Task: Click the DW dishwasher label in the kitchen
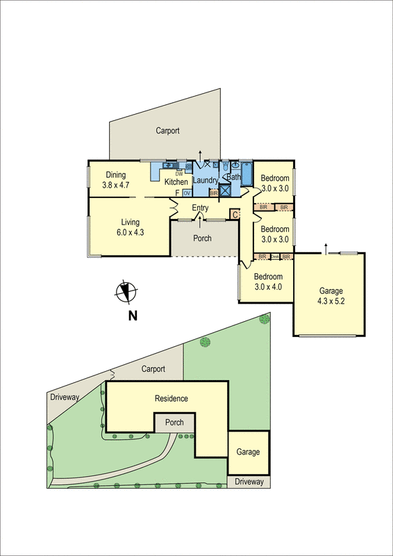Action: coord(179,174)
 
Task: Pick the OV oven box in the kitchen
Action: coord(187,193)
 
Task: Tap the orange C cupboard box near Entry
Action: coord(235,215)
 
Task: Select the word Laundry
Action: coord(206,181)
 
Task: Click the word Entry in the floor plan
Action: coord(201,208)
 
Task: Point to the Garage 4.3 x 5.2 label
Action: coord(330,296)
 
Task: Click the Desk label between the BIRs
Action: coord(275,256)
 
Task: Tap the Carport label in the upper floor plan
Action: coord(167,131)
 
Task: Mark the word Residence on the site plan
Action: coord(171,398)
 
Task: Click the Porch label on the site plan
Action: coord(174,422)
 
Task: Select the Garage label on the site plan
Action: coord(248,452)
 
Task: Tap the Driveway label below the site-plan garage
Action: coord(248,481)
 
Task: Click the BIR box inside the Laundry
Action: coord(214,193)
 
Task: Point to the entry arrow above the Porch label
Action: coord(201,220)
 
